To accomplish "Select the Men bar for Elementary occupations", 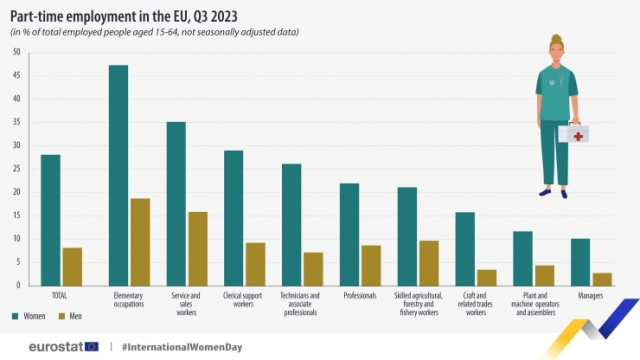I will click(x=140, y=241).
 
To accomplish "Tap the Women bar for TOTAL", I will click(x=51, y=220).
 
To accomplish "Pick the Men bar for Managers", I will click(x=602, y=279).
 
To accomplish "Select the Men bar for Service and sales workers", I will click(x=198, y=248).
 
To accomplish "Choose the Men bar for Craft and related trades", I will click(x=487, y=277).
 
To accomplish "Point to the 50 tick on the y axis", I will click(x=16, y=50).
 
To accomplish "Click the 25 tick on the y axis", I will click(x=16, y=168).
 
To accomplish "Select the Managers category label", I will click(x=591, y=296).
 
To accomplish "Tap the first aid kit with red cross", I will click(x=575, y=133).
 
